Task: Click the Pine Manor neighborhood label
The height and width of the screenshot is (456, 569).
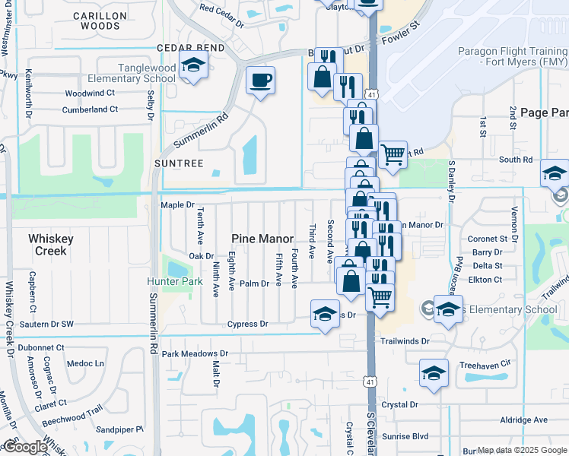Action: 262,239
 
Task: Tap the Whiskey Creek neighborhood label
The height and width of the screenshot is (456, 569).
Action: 51,244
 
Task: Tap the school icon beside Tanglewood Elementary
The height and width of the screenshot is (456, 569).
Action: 193,65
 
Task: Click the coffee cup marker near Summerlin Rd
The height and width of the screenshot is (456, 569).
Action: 261,81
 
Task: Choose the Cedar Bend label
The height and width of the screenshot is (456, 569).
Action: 190,47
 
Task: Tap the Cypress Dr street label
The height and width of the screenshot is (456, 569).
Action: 248,324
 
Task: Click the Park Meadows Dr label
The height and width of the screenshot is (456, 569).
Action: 195,353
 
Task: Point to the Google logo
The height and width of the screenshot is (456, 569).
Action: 24,447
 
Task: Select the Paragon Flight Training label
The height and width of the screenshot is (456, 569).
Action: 512,58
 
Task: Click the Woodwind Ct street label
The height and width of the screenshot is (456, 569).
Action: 90,93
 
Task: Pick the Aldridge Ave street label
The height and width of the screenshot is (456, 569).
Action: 523,420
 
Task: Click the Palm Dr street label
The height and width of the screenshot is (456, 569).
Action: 255,283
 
